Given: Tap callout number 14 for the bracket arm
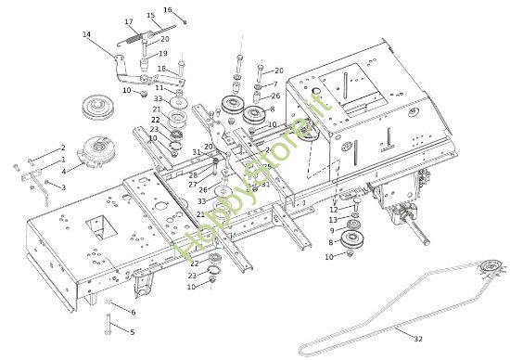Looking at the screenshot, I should [87, 34].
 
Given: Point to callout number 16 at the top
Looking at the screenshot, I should [168, 9].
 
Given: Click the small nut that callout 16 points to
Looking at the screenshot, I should [185, 20].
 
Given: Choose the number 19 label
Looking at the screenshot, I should [163, 54].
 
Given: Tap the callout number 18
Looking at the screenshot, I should [161, 69].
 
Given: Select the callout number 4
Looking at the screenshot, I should [64, 171].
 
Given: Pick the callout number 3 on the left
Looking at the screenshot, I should [63, 187].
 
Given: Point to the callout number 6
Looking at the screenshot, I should [133, 312].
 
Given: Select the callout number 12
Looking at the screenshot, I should [334, 210].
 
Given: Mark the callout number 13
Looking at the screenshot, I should [334, 220].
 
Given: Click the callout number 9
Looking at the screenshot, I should [331, 230].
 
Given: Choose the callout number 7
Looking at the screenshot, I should [274, 84].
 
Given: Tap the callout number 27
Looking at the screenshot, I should [192, 184].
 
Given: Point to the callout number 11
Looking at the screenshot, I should [159, 88].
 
